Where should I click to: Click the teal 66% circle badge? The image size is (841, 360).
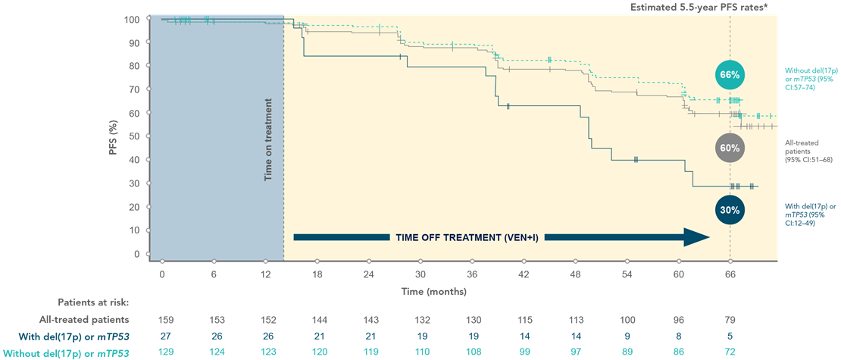coord(730,75)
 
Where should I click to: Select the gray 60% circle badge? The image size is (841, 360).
coord(730,149)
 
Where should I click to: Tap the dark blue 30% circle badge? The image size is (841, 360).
coord(730,210)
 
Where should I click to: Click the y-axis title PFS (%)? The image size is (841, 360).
coord(112,136)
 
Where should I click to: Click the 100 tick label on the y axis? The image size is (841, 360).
coord(132,20)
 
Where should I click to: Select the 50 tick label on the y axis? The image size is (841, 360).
coord(134,137)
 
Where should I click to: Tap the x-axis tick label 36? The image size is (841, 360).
coord(471,274)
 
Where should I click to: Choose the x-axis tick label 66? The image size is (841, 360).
coord(730,274)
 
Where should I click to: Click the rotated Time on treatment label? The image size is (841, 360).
coord(267,139)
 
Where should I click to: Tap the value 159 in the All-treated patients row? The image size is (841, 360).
coord(162,320)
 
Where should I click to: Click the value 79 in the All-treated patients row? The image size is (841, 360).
coord(730,320)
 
